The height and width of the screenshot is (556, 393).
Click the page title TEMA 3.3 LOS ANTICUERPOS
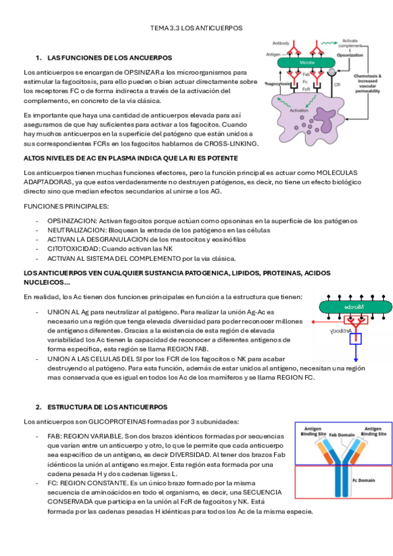pos(196,28)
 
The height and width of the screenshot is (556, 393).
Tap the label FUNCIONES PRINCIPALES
pos(58,207)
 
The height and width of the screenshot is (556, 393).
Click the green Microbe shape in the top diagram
pos(306,63)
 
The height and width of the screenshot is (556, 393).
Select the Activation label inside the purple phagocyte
pos(299,110)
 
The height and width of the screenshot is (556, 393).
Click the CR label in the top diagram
pos(337,85)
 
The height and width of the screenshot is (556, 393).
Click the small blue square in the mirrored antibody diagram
pos(356,339)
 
